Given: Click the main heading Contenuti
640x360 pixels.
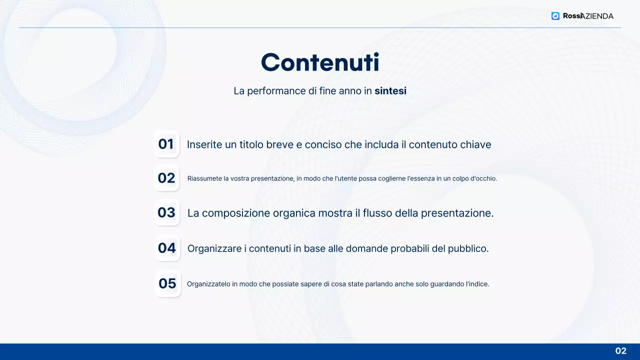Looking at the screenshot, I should [x=320, y=63].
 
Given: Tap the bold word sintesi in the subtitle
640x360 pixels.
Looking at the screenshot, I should [x=390, y=91].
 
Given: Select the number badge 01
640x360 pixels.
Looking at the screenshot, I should [x=166, y=144].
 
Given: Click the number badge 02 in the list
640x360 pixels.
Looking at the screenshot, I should [x=166, y=178].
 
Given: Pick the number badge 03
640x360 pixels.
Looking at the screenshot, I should [x=166, y=212].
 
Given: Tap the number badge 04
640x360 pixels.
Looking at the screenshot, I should [x=167, y=248].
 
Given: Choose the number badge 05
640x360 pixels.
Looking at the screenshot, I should [x=167, y=283].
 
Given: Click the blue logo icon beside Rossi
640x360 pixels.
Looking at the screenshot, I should [x=555, y=16].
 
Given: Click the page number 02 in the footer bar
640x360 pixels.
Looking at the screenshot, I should [x=620, y=351].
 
